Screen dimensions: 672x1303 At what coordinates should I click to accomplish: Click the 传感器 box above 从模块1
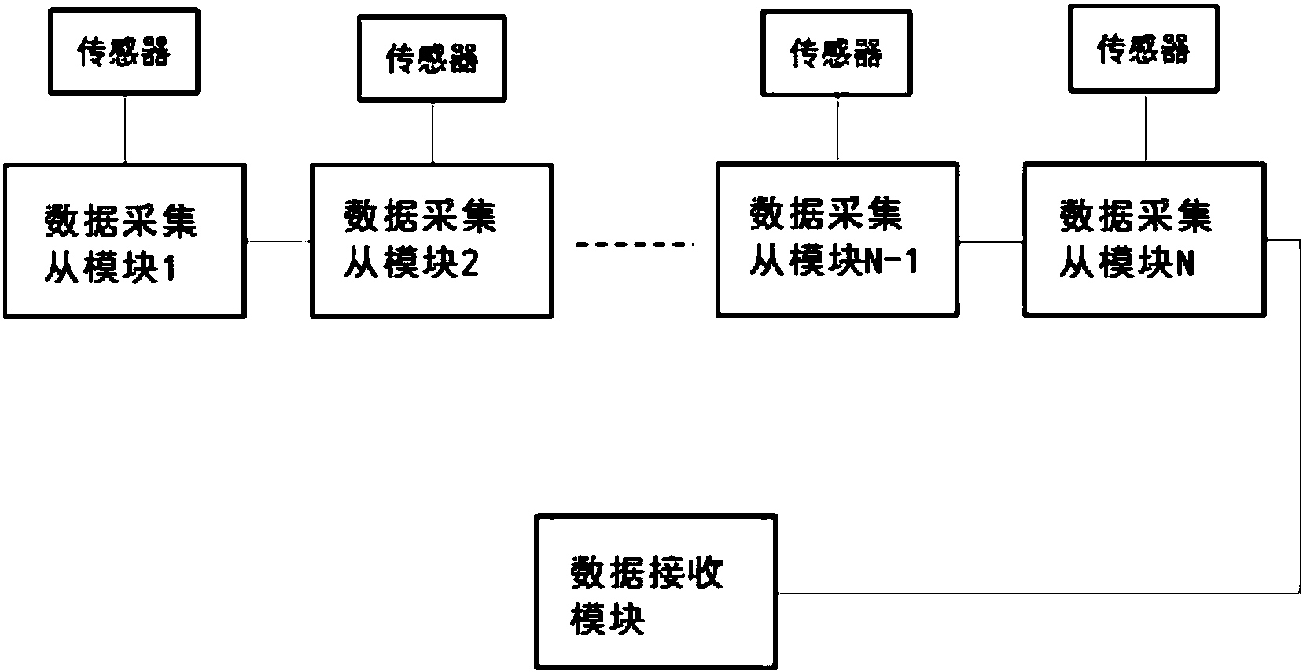(x=124, y=53)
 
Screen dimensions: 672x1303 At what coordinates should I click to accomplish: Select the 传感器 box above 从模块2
(x=432, y=59)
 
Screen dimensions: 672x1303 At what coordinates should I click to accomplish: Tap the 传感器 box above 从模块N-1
(x=837, y=53)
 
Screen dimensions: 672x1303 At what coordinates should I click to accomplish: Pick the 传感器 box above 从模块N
(x=1143, y=49)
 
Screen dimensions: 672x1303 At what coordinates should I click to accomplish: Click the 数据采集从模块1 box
(x=125, y=241)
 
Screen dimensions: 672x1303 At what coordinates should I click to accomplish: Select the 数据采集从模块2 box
(x=432, y=241)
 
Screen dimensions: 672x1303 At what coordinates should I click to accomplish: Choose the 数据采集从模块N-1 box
(x=837, y=239)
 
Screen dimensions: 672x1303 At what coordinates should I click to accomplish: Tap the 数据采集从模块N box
(x=1143, y=239)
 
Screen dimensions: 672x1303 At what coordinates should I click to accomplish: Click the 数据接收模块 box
(x=656, y=591)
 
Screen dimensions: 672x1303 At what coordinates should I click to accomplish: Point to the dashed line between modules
(x=635, y=244)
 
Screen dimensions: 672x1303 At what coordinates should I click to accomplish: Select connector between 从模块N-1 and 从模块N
(x=991, y=241)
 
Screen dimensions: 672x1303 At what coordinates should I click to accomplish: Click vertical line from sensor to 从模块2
(x=432, y=133)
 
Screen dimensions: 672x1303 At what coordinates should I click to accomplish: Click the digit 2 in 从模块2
(x=469, y=266)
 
